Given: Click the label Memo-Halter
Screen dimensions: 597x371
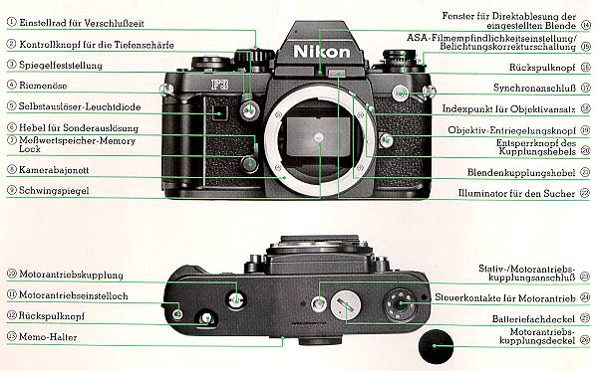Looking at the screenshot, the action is (x=51, y=336).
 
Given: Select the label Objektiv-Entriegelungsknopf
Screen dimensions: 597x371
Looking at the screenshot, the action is (x=511, y=130).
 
